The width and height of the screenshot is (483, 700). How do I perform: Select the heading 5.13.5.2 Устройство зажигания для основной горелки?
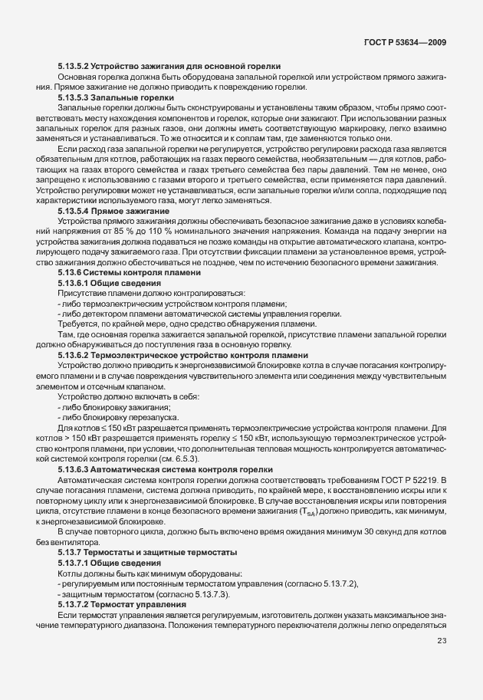coord(169,67)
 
